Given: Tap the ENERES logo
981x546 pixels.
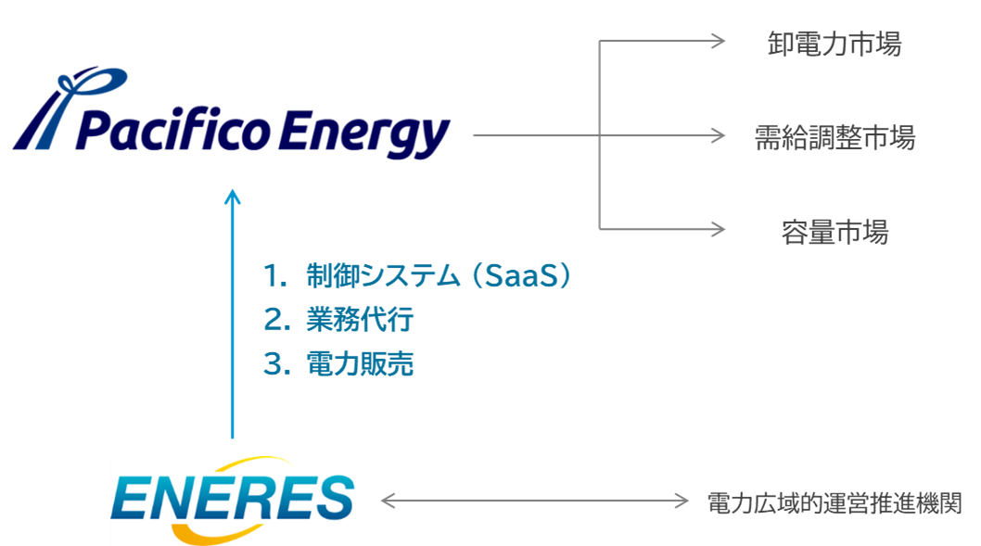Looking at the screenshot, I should point(232,499).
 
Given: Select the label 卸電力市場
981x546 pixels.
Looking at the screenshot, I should point(834,44).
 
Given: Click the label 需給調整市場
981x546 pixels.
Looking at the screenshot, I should point(834,137).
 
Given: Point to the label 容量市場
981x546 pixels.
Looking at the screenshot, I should point(834,231).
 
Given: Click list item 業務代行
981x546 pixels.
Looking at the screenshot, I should point(360,320).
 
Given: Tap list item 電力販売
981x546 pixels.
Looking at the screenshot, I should point(360,364).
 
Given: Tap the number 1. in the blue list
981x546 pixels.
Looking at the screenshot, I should point(275,275).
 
